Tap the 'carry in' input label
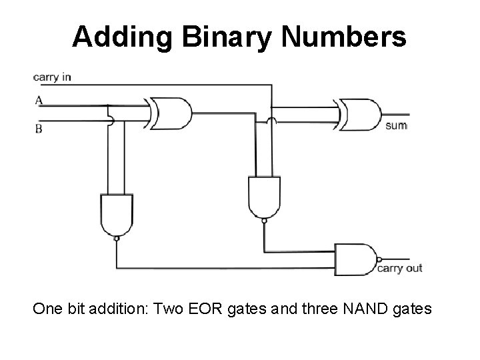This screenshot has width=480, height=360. [52, 77]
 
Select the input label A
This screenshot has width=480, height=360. [39, 101]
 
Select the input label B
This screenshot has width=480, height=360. [39, 128]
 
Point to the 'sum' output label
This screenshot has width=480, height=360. [396, 125]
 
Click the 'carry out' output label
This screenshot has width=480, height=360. [400, 269]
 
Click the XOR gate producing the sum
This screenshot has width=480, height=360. [361, 115]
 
